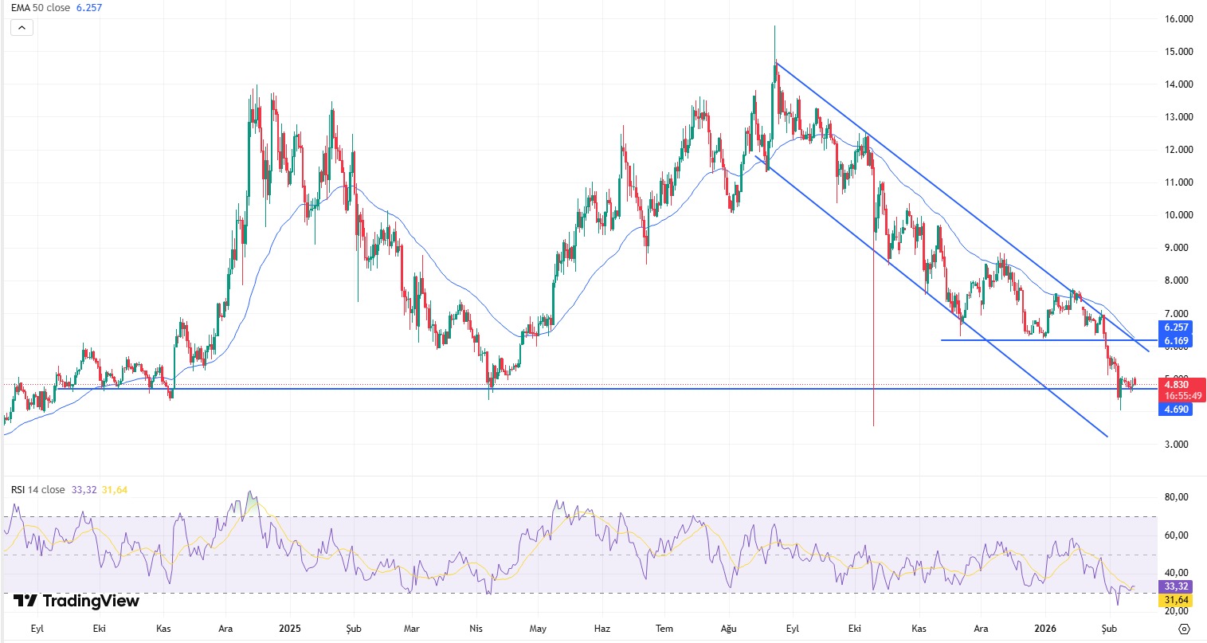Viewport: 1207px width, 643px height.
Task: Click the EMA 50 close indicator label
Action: (x=40, y=8)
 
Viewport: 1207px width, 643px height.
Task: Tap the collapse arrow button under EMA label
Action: (x=22, y=28)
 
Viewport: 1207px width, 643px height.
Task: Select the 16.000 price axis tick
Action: (x=1178, y=19)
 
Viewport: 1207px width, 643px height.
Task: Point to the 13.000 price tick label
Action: (x=1178, y=117)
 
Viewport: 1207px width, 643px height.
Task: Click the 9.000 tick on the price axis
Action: (x=1178, y=248)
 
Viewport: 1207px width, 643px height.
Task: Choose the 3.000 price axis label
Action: (x=1178, y=445)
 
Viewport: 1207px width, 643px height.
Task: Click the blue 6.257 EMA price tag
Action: (x=1176, y=327)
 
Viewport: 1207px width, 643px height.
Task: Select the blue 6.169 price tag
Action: (x=1176, y=341)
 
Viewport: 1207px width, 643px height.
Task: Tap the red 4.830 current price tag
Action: (x=1176, y=385)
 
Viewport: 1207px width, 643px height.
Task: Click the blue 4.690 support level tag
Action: (x=1176, y=410)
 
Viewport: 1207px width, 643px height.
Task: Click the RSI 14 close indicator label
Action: (x=38, y=490)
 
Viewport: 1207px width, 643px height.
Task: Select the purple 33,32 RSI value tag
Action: (x=1176, y=586)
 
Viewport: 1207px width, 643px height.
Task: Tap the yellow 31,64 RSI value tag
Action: (x=1176, y=600)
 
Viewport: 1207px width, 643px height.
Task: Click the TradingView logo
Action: (x=76, y=601)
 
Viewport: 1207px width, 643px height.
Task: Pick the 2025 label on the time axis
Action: (x=290, y=629)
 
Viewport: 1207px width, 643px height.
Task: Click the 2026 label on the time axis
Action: (x=1044, y=629)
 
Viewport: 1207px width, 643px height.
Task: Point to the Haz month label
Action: (x=602, y=629)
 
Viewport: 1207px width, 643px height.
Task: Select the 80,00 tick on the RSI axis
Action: (x=1176, y=497)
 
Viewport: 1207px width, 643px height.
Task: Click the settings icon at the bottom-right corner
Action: (x=1184, y=629)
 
